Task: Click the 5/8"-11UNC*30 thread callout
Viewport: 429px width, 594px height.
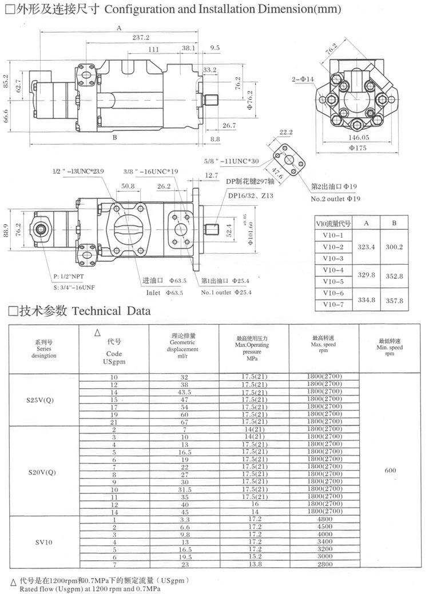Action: [232, 162]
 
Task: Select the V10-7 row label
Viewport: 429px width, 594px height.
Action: [333, 305]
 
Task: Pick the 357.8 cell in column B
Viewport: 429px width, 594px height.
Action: [394, 300]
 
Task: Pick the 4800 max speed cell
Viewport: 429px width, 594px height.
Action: [324, 520]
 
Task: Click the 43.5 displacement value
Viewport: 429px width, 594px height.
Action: [184, 393]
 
